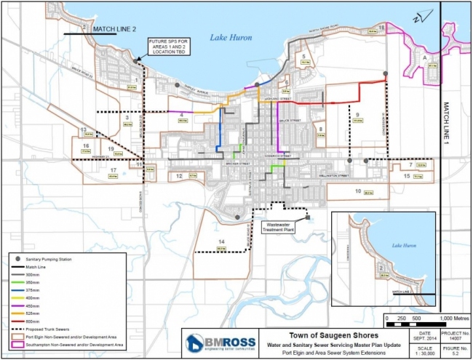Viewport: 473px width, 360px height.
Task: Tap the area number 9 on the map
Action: click(x=357, y=116)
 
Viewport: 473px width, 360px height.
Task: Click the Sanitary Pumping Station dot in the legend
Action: click(x=20, y=259)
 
